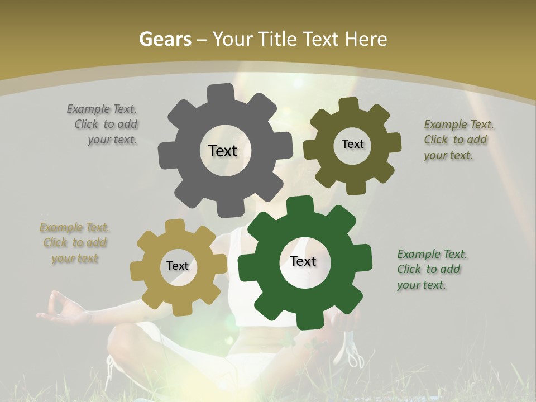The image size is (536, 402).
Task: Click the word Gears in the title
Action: [x=165, y=39]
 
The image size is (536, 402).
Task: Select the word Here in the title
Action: [x=366, y=39]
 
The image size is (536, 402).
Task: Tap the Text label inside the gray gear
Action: [x=223, y=151]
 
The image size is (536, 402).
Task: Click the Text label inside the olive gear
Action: [x=352, y=144]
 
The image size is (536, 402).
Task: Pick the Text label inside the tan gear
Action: [x=178, y=266]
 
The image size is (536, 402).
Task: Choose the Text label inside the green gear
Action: [x=303, y=261]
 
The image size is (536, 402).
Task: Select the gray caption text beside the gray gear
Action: [x=103, y=125]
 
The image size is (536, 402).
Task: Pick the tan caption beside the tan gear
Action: [x=75, y=243]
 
